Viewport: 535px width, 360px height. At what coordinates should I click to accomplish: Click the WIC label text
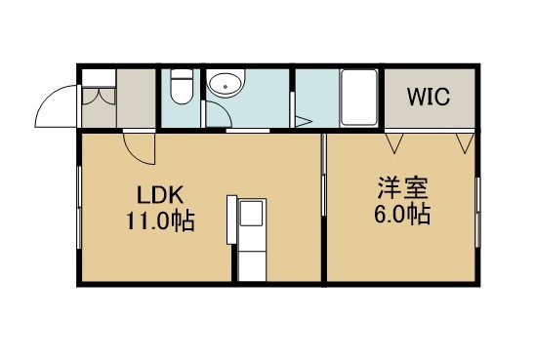point(429,97)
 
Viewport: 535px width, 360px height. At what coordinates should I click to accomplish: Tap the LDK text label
point(160,195)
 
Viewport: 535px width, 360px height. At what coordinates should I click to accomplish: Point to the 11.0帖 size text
point(160,220)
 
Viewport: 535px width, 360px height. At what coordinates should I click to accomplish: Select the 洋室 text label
point(402,188)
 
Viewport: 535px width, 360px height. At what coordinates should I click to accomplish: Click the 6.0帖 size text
point(402,214)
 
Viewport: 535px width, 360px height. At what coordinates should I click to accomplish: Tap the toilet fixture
point(182,86)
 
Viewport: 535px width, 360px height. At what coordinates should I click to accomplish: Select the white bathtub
point(358,98)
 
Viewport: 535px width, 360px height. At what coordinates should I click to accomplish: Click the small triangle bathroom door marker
point(303,121)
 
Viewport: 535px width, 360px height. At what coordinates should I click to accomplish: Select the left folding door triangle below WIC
point(394,143)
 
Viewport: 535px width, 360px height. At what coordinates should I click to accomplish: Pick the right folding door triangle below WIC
point(466,143)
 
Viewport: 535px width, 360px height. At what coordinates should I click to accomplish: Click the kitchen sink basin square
point(252,213)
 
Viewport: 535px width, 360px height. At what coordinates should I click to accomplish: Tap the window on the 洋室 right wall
point(478,212)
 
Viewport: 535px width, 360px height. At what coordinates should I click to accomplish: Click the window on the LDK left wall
point(79,207)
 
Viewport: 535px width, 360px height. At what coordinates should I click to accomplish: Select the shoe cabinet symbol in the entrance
point(99,99)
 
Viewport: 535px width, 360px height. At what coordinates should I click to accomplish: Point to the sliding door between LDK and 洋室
point(324,175)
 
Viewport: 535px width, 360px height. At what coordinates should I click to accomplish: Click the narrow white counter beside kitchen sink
point(231,220)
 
